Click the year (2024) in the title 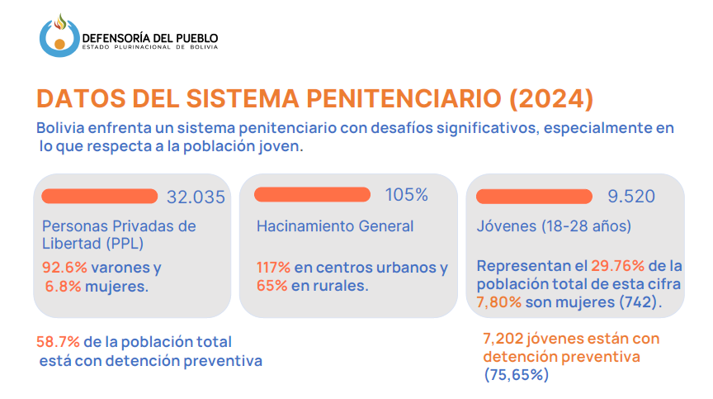551,98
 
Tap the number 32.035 196,197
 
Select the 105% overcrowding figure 407,195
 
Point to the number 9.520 631,197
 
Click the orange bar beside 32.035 99,196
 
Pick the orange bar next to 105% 312,194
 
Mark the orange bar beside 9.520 534,196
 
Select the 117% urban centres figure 274,268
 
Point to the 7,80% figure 499,302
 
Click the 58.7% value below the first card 54,341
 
